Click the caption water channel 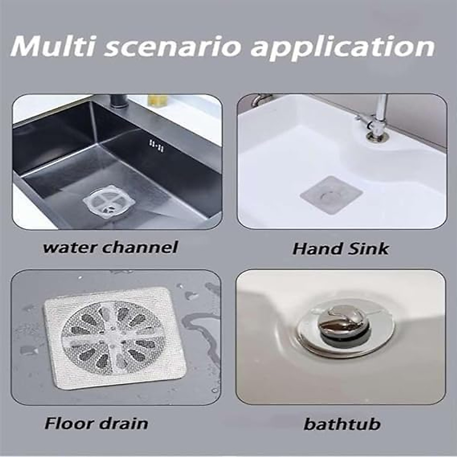[x=110, y=248]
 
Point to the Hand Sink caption [x=340, y=249]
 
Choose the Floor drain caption [x=96, y=423]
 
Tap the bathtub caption [x=342, y=424]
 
